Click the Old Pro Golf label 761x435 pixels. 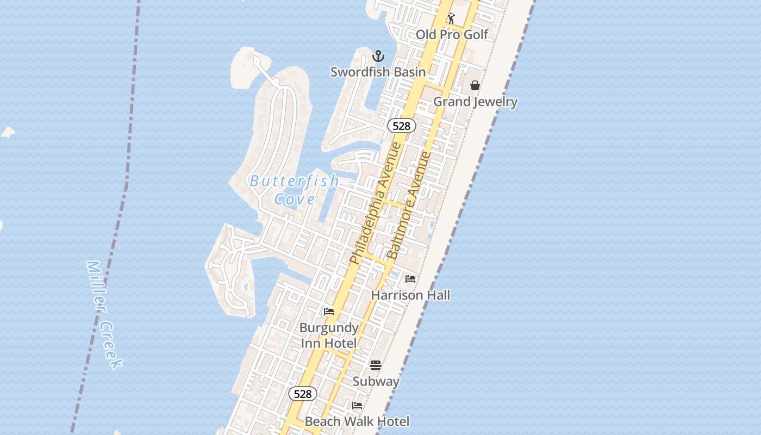pos(452,35)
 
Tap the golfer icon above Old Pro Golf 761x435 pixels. pos(451,18)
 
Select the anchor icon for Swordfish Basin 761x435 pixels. pos(378,56)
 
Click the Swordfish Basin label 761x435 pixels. pos(378,72)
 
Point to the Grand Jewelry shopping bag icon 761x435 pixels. pos(475,85)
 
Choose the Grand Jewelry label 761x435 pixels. pos(475,102)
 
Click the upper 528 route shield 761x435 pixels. pos(401,126)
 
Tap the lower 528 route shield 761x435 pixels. pos(302,394)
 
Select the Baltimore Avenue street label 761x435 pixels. pos(409,206)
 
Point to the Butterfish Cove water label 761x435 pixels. pos(294,190)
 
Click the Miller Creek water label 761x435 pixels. pos(104,315)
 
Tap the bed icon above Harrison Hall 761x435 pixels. pos(410,279)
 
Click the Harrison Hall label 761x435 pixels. pos(410,295)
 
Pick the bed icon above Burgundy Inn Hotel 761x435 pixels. pos(329,312)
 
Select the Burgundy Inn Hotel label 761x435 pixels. pos(329,335)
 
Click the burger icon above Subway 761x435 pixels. pos(376,365)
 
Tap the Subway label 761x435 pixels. pos(376,382)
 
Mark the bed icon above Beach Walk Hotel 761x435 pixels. pos(357,406)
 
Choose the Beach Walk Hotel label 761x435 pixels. pos(357,421)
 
